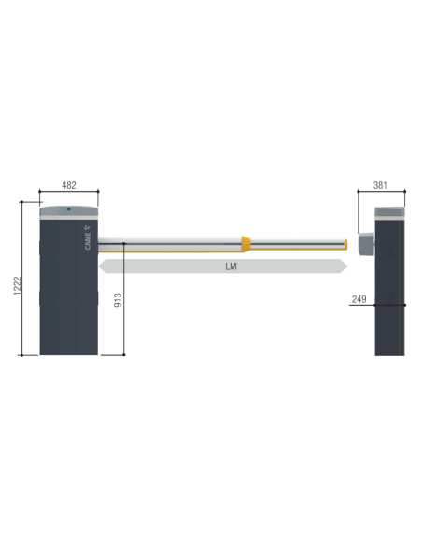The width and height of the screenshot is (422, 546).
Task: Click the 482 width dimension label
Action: click(69, 185)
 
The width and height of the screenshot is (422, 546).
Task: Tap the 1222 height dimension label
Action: click(18, 286)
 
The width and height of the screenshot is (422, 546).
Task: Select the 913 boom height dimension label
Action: click(119, 300)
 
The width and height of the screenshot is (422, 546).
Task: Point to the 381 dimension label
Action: click(380, 185)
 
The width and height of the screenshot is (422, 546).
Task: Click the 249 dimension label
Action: click(359, 299)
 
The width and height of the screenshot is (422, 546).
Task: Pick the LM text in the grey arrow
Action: click(231, 266)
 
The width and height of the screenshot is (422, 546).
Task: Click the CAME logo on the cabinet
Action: click(88, 237)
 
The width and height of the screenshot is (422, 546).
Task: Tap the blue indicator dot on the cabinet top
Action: click(69, 208)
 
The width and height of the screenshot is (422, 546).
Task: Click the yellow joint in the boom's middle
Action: click(246, 244)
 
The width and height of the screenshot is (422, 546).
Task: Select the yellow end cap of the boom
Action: click(345, 244)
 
